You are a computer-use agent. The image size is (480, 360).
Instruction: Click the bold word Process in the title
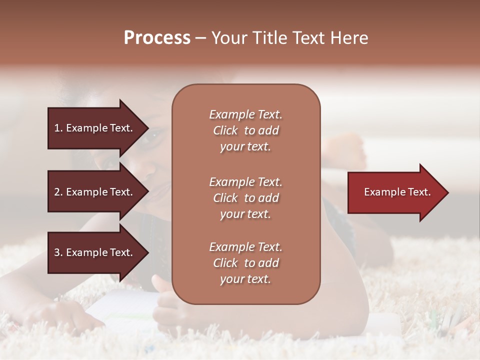[x=157, y=38]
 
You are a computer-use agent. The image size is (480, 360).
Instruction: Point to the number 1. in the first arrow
[x=58, y=128]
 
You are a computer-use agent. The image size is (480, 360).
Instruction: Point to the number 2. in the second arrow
[x=58, y=192]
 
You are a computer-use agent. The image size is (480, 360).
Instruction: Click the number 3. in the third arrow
[x=58, y=252]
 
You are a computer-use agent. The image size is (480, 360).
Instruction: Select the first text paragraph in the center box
[x=245, y=130]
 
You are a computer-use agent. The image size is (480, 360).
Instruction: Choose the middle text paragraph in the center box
[x=245, y=198]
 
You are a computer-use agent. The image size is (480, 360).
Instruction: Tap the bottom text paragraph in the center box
[x=245, y=263]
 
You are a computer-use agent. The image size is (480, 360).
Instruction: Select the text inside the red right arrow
[x=397, y=192]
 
